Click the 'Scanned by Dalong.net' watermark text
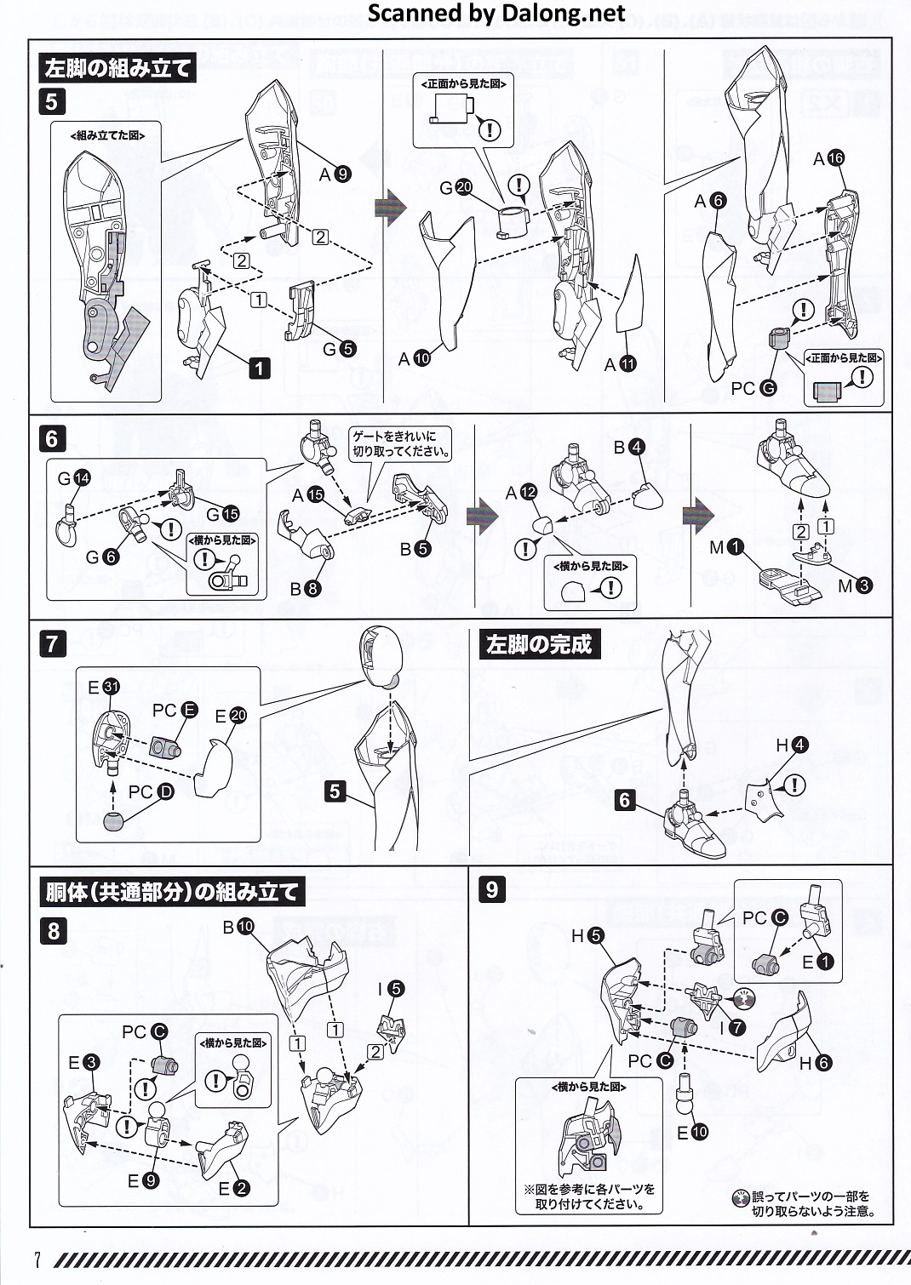(x=497, y=14)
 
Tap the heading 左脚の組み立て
(x=117, y=67)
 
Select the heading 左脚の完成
(x=538, y=644)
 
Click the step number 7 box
(x=52, y=643)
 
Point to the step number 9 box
(x=491, y=889)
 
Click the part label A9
(x=335, y=174)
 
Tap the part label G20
(x=455, y=188)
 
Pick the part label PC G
(x=753, y=388)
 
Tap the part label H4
(x=791, y=745)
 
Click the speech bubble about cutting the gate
(x=401, y=443)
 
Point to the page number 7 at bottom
(x=37, y=1259)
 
